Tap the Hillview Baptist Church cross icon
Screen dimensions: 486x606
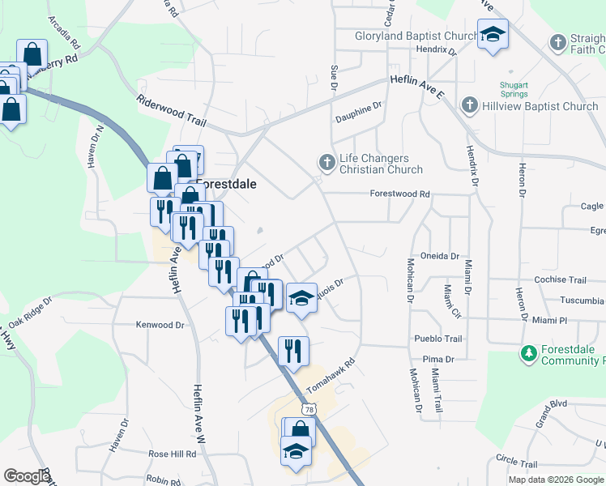click(x=469, y=105)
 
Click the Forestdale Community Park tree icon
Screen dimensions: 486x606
click(x=528, y=353)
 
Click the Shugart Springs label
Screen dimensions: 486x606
click(x=513, y=90)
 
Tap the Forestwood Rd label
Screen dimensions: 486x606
click(x=399, y=194)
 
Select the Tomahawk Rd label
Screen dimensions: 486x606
click(x=331, y=373)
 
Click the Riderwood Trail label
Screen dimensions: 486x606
click(x=173, y=111)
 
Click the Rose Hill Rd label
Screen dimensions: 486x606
click(x=172, y=454)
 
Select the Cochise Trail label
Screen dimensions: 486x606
click(x=560, y=280)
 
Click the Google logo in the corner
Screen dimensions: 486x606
click(x=27, y=476)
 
